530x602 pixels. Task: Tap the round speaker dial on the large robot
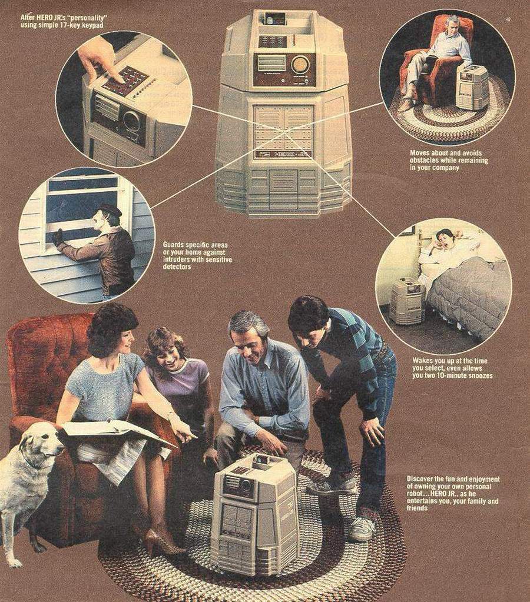pyautogui.click(x=300, y=65)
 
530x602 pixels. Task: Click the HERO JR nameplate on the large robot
pyautogui.click(x=284, y=155)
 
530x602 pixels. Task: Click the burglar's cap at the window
pyautogui.click(x=110, y=210)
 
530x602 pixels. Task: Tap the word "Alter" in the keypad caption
pyautogui.click(x=26, y=17)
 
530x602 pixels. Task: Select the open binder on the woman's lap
pyautogui.click(x=115, y=431)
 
